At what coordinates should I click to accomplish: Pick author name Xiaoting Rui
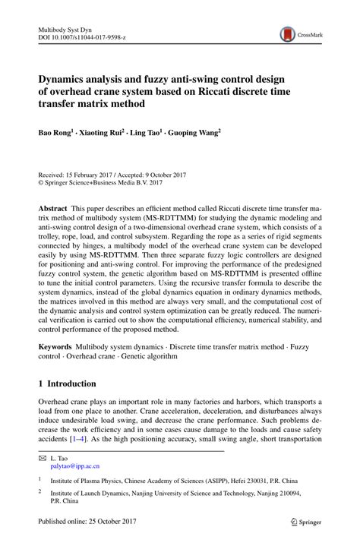(101, 131)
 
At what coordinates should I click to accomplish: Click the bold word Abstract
(55, 207)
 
